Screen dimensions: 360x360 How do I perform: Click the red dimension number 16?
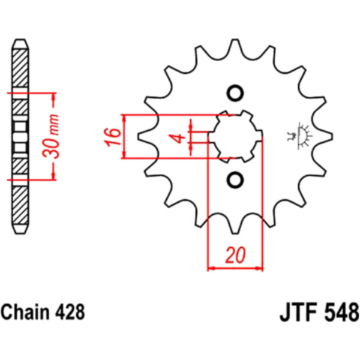click(113, 137)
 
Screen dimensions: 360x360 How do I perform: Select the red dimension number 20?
click(235, 255)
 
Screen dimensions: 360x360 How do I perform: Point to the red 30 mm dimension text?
click(51, 136)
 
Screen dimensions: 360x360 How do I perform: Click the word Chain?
click(25, 312)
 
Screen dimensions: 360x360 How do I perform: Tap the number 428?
click(70, 312)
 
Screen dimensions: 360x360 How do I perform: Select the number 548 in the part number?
click(342, 313)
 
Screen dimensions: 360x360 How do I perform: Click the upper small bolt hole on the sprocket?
click(235, 94)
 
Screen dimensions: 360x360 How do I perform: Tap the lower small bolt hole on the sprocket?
click(235, 179)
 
